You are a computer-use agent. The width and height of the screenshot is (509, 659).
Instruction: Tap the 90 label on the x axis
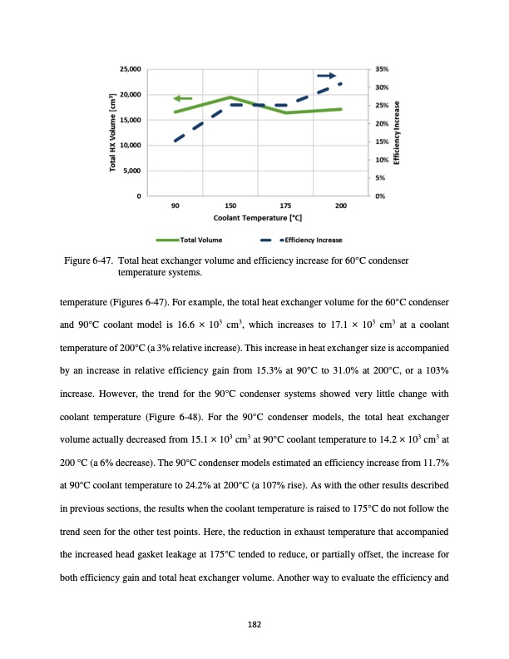coord(175,205)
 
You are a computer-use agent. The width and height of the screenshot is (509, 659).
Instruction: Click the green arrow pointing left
coord(183,99)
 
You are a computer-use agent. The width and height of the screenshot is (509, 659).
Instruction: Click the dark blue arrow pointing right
coord(327,76)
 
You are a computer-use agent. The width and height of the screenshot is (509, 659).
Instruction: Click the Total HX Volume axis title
coord(113,133)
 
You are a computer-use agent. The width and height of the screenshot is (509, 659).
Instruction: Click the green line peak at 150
coord(230,97)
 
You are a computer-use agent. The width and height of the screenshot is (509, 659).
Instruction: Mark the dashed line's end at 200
coord(341,84)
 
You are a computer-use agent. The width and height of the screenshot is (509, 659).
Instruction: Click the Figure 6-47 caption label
coord(90,262)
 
